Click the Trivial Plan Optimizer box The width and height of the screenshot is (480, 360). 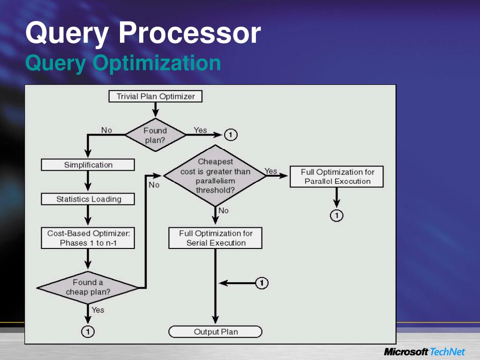pos(155,97)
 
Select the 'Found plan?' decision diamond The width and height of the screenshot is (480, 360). pos(155,135)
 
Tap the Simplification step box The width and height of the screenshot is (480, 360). pos(88,165)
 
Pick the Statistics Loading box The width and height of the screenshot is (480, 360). pos(88,199)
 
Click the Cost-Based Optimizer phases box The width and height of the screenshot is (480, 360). pos(88,238)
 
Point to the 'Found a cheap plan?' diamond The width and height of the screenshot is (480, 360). pos(88,287)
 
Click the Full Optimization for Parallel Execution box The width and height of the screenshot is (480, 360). pos(337,177)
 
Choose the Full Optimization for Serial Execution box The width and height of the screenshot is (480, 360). pos(215,238)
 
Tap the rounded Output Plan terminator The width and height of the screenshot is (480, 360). pos(215,332)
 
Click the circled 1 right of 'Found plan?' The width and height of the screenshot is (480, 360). pos(231,135)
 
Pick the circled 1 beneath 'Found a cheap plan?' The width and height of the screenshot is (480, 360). pos(88,331)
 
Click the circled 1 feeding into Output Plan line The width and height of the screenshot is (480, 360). pos(262,283)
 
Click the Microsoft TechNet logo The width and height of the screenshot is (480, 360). pos(424,352)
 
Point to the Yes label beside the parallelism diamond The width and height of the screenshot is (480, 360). pos(271,171)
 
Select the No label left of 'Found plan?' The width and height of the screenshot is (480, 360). pos(107,130)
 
